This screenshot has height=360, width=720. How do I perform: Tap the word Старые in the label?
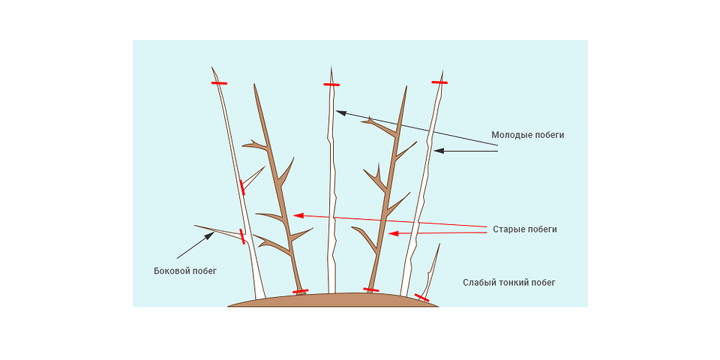coord(509,229)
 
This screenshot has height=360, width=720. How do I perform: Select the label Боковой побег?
coord(184,271)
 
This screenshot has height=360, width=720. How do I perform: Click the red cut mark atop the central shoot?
coord(331,85)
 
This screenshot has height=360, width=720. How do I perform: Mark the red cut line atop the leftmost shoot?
coord(219,83)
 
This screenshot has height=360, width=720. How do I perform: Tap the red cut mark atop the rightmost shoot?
coord(439,82)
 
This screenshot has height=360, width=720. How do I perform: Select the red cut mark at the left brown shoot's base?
coord(300,291)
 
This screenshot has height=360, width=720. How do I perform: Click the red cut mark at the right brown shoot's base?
coord(371,289)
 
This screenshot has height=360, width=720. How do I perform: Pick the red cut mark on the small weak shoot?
coord(422,298)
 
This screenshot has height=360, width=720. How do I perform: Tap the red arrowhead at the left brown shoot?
coord(298,216)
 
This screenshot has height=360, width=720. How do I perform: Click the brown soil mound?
coord(330,300)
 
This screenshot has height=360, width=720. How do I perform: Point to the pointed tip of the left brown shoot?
coord(255,87)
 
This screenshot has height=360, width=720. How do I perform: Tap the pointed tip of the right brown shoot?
coord(406,88)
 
